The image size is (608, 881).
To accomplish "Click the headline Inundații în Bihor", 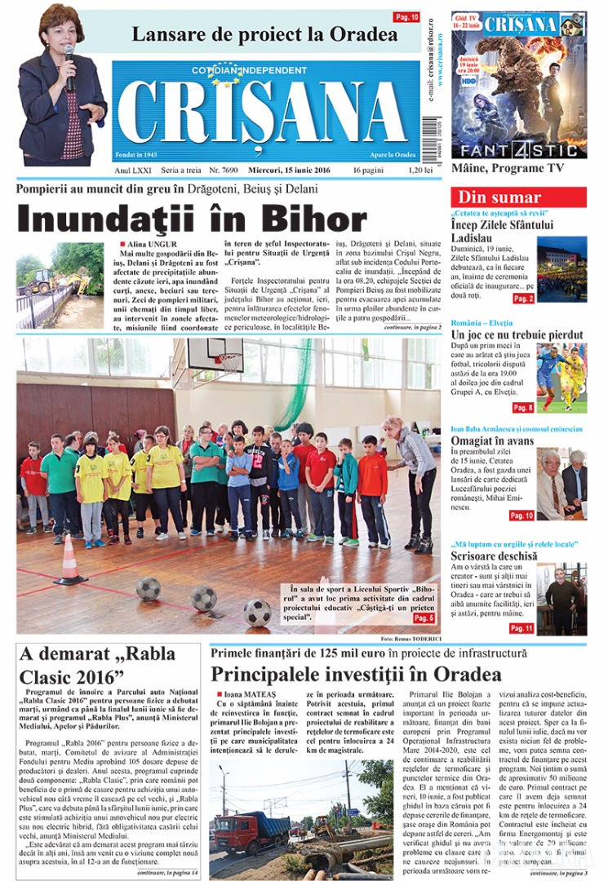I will click(192, 219).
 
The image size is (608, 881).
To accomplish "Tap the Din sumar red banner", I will click(499, 197).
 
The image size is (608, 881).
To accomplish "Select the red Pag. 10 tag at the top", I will click(406, 16).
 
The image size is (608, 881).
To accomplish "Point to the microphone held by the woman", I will click(69, 57).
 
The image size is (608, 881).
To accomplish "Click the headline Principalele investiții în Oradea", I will click(355, 674).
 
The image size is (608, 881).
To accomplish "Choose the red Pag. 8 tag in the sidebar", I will click(521, 407).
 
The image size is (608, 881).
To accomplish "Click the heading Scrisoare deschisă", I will click(494, 556).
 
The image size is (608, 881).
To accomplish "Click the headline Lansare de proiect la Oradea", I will click(265, 35).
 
